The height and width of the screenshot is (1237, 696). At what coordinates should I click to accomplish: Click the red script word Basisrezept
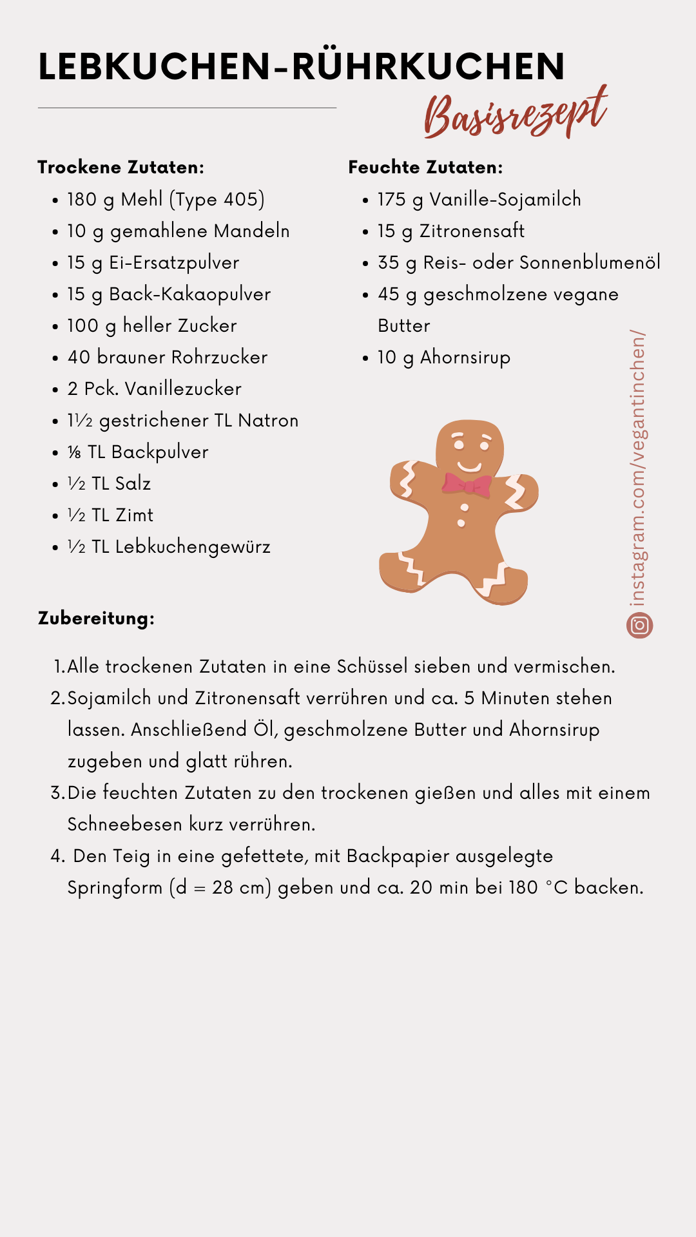coord(516,114)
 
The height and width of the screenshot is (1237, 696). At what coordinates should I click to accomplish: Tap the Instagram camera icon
coord(639,625)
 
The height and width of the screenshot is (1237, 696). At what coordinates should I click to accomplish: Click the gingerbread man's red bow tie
coord(467,484)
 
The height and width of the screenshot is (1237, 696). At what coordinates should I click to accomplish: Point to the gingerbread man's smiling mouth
coord(469,466)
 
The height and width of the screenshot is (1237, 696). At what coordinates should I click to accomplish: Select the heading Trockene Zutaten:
coord(121,168)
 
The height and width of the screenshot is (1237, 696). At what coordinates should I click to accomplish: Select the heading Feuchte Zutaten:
coord(425,168)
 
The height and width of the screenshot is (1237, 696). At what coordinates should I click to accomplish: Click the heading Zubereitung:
coord(96,618)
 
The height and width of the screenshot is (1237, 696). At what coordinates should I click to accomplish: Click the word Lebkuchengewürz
coord(193,547)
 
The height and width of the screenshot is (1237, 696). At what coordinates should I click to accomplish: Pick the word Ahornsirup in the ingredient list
coord(465,357)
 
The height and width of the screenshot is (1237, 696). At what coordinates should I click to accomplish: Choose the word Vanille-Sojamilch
coord(505,200)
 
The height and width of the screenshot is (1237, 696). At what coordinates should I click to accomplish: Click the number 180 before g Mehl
coord(82,200)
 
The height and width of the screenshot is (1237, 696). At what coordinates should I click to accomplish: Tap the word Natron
coord(268,421)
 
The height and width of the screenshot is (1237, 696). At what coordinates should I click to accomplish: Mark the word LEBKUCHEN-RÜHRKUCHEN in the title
coord(302,66)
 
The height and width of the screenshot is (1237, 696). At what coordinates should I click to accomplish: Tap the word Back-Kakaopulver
coord(189,294)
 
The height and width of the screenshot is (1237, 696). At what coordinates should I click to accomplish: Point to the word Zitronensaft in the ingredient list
coord(472,231)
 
